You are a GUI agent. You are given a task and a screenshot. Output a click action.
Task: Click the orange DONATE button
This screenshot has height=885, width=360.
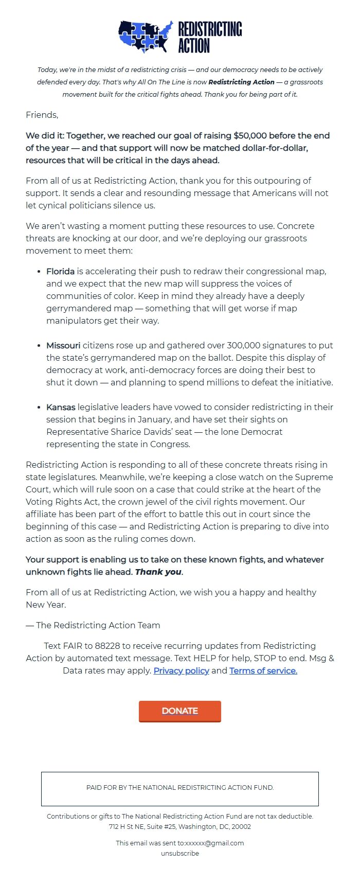(180, 711)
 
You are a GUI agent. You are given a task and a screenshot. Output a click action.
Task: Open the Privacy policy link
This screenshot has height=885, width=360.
(181, 670)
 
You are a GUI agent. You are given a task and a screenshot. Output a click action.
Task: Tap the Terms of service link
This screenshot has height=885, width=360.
(263, 670)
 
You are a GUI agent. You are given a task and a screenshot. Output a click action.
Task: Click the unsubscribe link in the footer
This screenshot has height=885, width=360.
(180, 853)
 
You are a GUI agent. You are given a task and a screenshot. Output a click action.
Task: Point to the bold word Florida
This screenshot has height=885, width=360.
(60, 271)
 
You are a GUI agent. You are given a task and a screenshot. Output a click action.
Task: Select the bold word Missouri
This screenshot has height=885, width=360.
(63, 345)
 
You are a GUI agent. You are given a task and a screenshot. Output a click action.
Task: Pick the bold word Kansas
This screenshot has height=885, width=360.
(61, 407)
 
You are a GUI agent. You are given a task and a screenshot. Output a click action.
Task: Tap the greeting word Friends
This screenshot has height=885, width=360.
(42, 115)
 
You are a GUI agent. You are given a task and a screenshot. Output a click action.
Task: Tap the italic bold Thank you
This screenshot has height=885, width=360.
(158, 572)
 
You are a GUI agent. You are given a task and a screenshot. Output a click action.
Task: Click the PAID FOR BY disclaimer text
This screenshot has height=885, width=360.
(180, 787)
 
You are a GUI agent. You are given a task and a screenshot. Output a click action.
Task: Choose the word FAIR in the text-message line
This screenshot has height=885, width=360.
(73, 646)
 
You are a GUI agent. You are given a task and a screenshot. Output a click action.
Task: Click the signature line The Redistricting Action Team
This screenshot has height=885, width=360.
(98, 625)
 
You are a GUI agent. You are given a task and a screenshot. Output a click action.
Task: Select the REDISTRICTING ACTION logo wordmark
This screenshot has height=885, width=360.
(210, 37)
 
